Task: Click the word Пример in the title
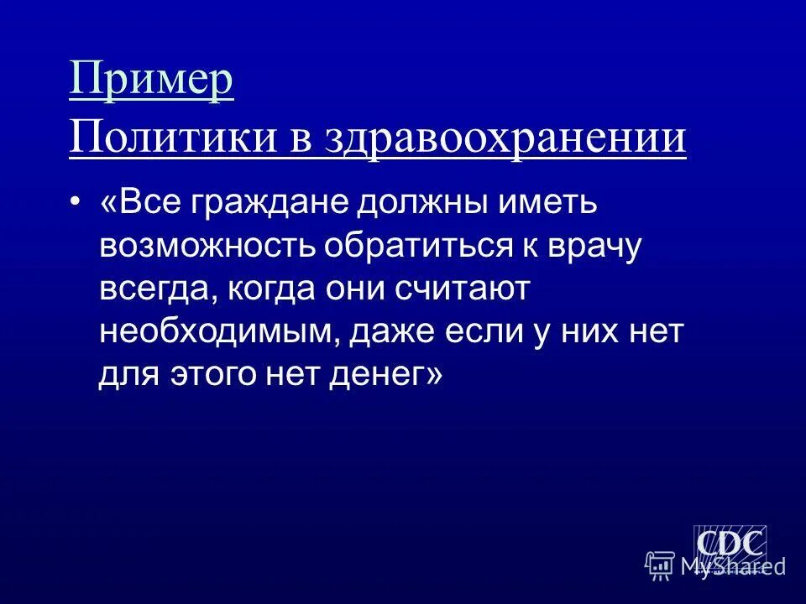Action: click(x=151, y=82)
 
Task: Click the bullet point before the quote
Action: click(x=76, y=201)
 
